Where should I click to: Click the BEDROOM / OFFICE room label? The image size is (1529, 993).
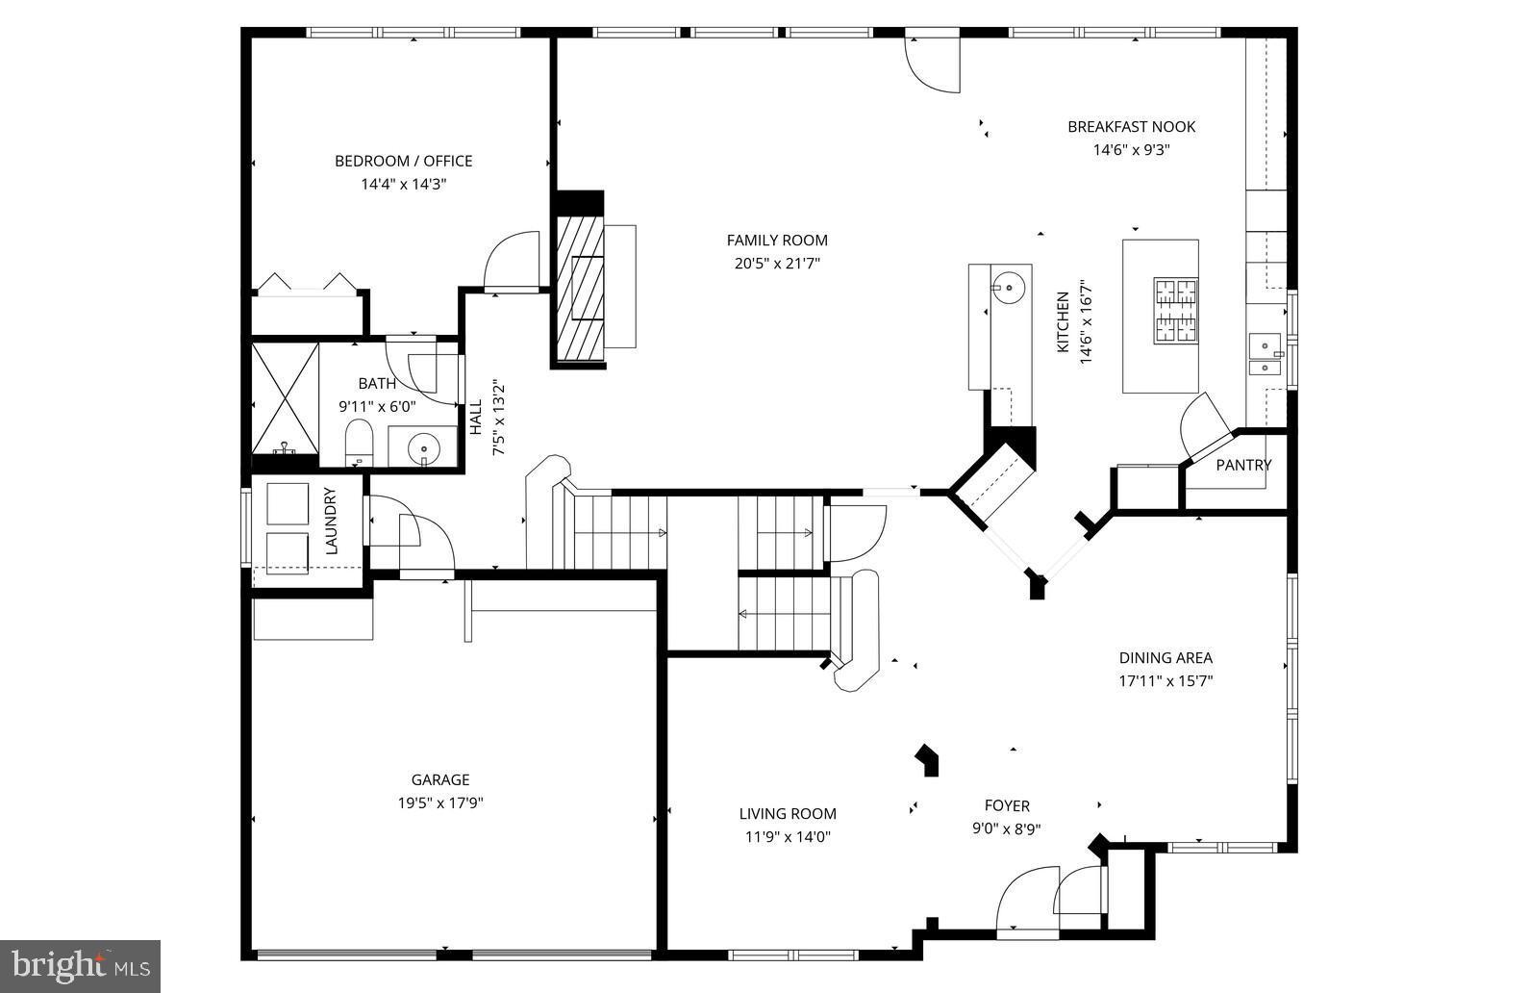(x=403, y=161)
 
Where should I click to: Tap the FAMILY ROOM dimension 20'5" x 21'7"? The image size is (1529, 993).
(x=776, y=264)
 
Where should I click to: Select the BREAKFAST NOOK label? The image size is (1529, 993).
(x=1131, y=127)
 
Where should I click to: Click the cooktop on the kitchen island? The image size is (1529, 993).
(x=1175, y=311)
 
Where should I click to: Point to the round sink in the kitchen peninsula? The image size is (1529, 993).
(x=1009, y=287)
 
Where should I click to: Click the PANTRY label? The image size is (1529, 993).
(x=1242, y=466)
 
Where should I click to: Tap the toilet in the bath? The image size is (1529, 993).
(x=359, y=442)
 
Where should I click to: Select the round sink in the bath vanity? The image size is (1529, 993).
(x=423, y=447)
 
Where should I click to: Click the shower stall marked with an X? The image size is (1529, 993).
(x=285, y=396)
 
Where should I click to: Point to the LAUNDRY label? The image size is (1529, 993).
(x=331, y=522)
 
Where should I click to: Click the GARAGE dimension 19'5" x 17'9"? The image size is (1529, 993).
(x=440, y=803)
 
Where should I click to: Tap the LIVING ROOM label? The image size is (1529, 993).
(x=787, y=814)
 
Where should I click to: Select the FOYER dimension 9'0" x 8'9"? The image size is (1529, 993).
(x=1006, y=828)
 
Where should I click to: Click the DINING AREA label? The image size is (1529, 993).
(x=1165, y=658)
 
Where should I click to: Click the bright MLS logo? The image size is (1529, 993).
(x=80, y=965)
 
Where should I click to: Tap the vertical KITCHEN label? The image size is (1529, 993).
(x=1063, y=322)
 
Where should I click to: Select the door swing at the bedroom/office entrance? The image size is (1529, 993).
(x=514, y=260)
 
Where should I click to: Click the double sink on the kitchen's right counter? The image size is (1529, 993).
(x=1265, y=354)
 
